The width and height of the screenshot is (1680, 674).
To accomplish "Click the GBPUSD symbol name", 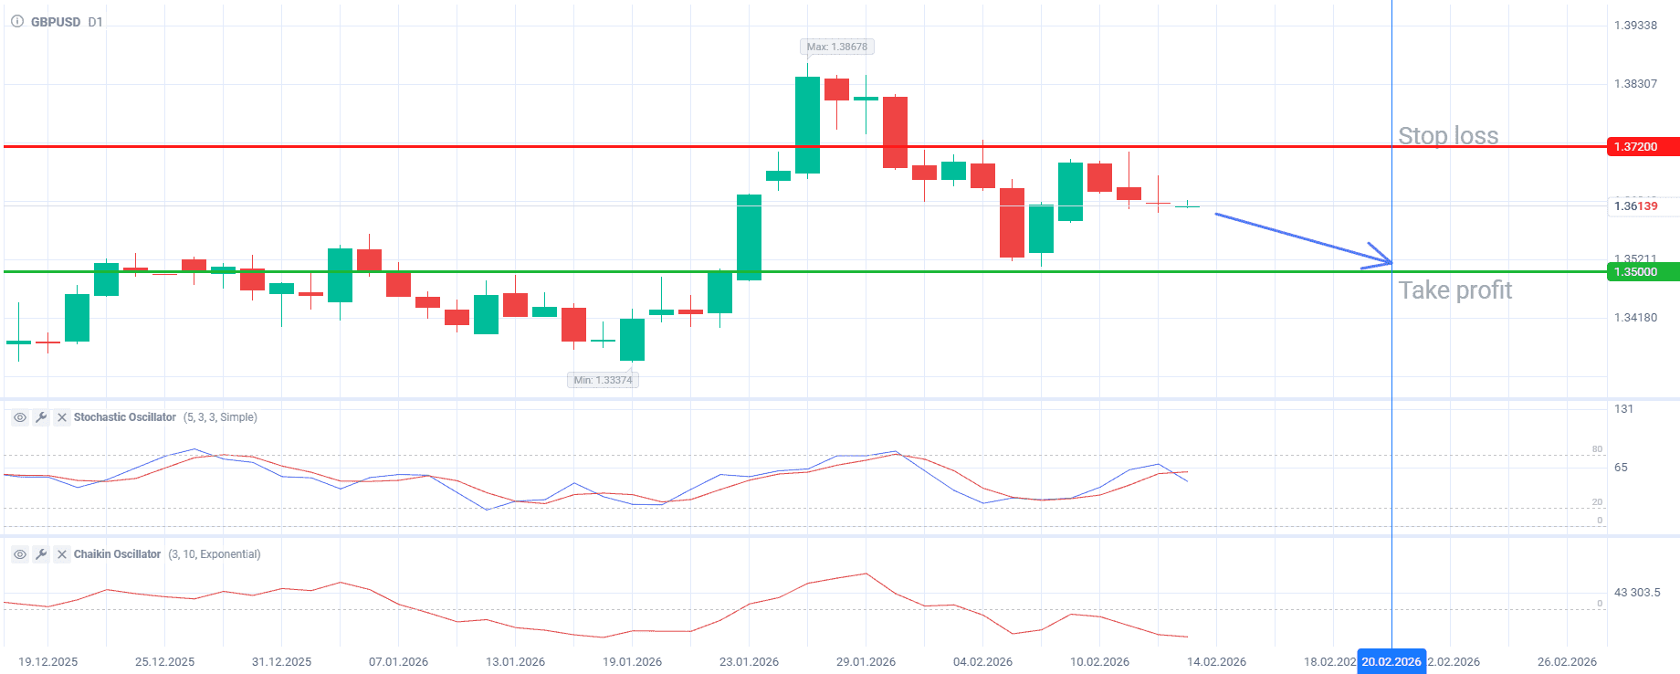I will click(56, 22).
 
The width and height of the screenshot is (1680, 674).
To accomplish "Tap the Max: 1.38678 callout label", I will click(836, 47).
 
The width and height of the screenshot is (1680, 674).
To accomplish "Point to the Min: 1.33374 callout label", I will click(603, 380).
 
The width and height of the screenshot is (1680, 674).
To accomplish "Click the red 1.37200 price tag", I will click(1642, 147).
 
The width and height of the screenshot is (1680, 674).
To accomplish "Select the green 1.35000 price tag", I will click(1642, 272).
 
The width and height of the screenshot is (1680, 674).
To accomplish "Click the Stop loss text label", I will click(1448, 136).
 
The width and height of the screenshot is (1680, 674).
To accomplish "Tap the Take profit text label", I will click(1455, 290).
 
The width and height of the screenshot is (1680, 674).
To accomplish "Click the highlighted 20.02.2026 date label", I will click(1391, 662).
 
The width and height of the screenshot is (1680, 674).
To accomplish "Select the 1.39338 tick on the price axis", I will click(1635, 26).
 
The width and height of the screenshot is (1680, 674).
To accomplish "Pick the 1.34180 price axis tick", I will click(1635, 318).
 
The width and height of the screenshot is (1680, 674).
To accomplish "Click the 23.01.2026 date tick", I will click(749, 662).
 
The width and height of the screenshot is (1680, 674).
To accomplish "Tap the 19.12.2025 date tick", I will click(48, 662).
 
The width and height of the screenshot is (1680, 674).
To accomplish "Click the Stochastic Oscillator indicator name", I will click(125, 417).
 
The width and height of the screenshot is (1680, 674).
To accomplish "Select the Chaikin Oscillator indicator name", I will click(117, 554).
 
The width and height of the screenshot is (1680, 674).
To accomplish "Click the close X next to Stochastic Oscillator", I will click(62, 417).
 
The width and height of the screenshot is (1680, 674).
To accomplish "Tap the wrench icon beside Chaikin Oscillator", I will click(41, 554).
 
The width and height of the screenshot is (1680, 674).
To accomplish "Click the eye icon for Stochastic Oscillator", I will click(19, 417).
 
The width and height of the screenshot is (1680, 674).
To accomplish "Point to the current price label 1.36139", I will click(1635, 206).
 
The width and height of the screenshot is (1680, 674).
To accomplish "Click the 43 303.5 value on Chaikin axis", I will click(1637, 593).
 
